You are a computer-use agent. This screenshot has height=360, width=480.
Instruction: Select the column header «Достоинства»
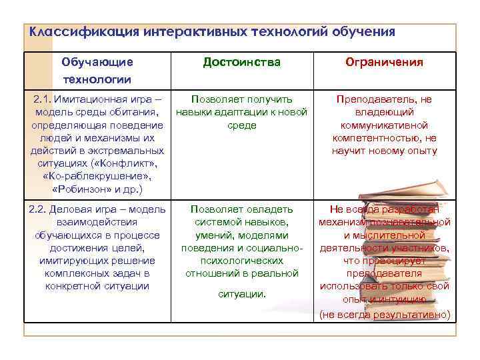(x=241, y=63)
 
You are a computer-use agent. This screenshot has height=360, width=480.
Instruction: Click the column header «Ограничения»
(x=384, y=63)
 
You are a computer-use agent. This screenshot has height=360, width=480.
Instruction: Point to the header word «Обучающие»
(x=97, y=63)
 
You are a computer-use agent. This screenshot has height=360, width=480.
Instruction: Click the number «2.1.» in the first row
(x=44, y=99)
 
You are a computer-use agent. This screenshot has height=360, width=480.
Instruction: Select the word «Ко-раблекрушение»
(x=97, y=176)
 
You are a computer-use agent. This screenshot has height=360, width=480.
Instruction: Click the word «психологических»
(x=241, y=261)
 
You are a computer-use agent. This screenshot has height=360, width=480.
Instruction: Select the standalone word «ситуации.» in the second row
(x=241, y=293)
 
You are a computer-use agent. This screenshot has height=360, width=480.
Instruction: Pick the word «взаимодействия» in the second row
(x=97, y=222)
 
